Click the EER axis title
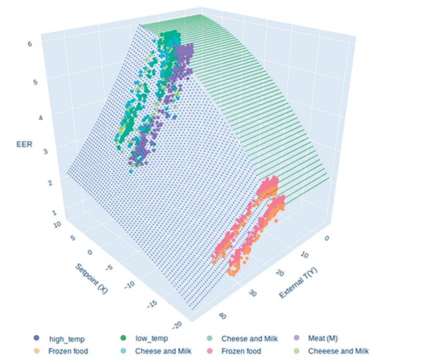point(24,144)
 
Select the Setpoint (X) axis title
point(92,278)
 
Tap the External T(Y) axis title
point(298,283)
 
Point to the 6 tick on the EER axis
point(30,44)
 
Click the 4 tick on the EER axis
point(41,118)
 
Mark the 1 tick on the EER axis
point(54,213)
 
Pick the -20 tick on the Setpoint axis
point(177,325)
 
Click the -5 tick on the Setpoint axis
point(109,268)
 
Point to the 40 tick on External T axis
point(222,316)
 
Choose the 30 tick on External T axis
point(253,293)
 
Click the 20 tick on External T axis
point(280,273)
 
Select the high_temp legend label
point(67,339)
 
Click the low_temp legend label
point(151,338)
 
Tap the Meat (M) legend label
point(323,338)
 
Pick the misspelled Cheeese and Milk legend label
point(338,351)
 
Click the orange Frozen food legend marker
point(36,351)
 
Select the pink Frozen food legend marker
point(209,351)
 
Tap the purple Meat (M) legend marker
point(296,338)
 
